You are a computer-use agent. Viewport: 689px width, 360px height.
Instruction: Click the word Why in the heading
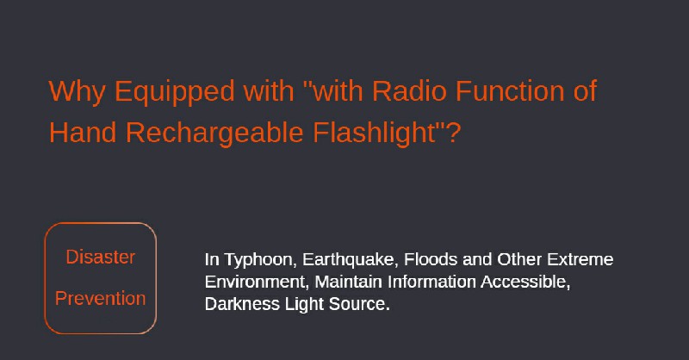coord(78,92)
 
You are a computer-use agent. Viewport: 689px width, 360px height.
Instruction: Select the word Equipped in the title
coord(175,93)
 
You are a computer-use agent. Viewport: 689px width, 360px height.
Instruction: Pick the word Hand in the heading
coord(83,133)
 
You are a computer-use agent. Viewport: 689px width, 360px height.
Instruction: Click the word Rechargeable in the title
coord(214,133)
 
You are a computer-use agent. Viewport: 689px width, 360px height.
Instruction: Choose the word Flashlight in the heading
coord(374,133)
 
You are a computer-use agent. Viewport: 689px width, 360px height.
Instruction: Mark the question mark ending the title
coord(453,133)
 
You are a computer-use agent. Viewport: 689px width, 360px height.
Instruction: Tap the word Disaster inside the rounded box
coord(101,258)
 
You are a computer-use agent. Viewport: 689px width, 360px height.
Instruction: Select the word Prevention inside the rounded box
coord(100,299)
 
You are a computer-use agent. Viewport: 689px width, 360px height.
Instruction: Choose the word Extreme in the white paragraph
coord(580,259)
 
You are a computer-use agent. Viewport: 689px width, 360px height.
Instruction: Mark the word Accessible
coord(525,282)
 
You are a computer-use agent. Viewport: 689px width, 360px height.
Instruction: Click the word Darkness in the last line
coord(242,304)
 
